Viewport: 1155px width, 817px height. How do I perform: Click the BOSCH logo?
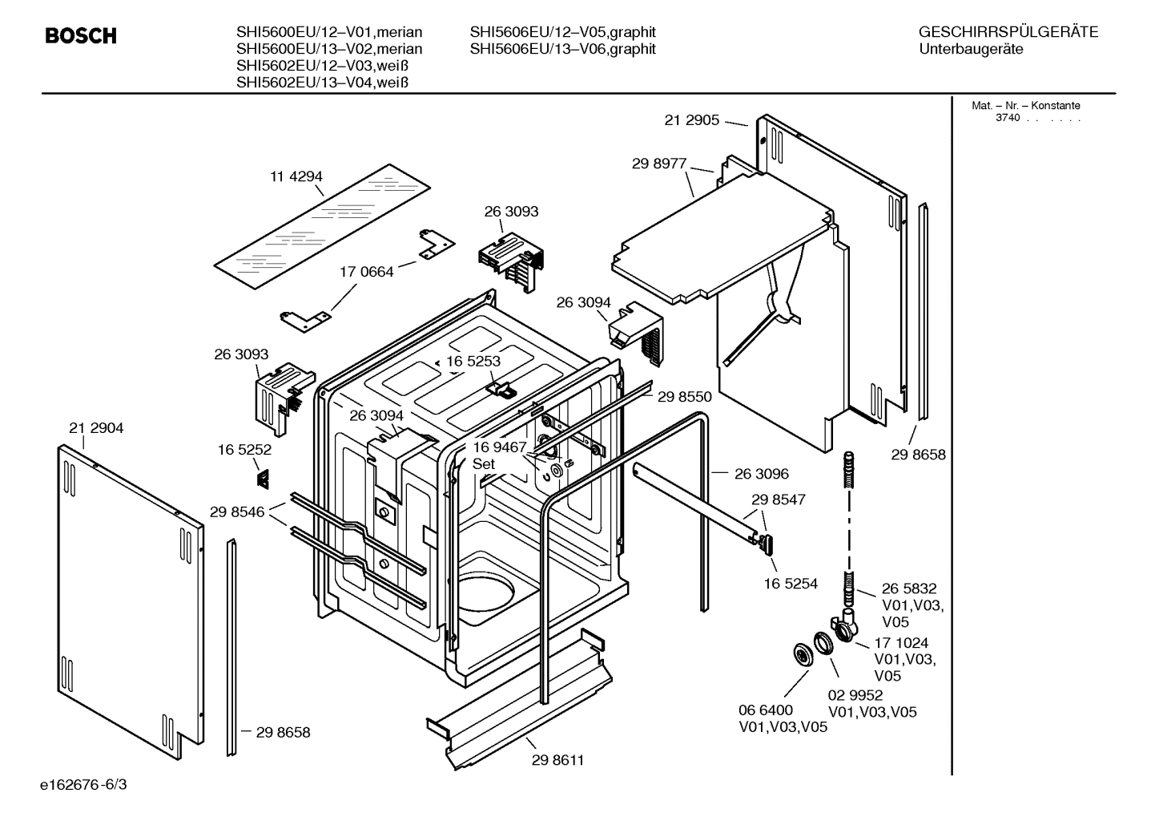pyautogui.click(x=81, y=36)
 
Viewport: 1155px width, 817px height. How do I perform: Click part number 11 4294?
pyautogui.click(x=296, y=176)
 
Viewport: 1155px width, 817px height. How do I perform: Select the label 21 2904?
pyautogui.click(x=96, y=428)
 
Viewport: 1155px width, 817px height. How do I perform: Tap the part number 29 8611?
pyautogui.click(x=557, y=760)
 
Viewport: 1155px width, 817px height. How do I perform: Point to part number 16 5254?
pyautogui.click(x=791, y=583)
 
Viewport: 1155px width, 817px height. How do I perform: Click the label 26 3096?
pyautogui.click(x=762, y=474)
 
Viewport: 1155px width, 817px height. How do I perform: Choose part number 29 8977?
pyautogui.click(x=659, y=163)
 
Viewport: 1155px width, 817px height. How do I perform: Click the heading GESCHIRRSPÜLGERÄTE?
pyautogui.click(x=1008, y=32)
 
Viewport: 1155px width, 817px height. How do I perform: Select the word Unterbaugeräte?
pyautogui.click(x=972, y=49)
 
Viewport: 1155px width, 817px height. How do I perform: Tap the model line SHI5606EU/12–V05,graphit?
pyautogui.click(x=562, y=32)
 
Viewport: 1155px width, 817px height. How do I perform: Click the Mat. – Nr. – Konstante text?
pyautogui.click(x=1025, y=105)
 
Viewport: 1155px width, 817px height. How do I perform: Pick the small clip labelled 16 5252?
pyautogui.click(x=262, y=479)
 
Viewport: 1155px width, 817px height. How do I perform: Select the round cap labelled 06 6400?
pyautogui.click(x=799, y=653)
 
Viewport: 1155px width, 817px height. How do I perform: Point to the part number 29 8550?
pyautogui.click(x=684, y=396)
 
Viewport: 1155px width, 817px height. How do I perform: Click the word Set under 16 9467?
pyautogui.click(x=484, y=463)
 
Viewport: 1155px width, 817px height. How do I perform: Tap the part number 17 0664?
pyautogui.click(x=367, y=272)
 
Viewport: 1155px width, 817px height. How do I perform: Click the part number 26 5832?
pyautogui.click(x=909, y=588)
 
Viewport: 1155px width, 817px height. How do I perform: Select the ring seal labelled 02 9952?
pyautogui.click(x=823, y=644)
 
